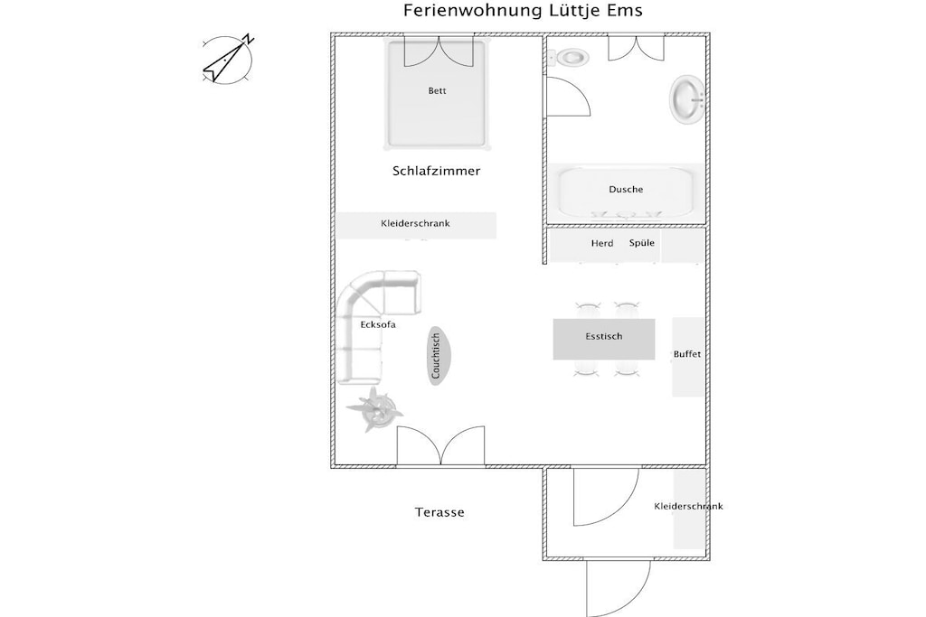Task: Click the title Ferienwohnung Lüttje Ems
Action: [523, 11]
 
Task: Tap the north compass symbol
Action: [228, 59]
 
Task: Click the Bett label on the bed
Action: [437, 91]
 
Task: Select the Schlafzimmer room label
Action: [437, 171]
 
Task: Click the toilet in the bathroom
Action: [569, 58]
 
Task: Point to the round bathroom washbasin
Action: [688, 99]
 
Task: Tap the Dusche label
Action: [626, 190]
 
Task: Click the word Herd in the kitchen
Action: [602, 243]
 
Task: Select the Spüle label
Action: [642, 242]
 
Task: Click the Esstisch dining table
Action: [603, 339]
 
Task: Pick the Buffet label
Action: [687, 354]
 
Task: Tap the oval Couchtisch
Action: [438, 356]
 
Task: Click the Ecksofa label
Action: [378, 325]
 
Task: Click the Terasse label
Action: [439, 512]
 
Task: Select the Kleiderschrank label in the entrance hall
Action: [688, 507]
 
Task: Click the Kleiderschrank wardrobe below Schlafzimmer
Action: [416, 225]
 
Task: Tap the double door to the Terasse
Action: [440, 446]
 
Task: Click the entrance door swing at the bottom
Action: [619, 589]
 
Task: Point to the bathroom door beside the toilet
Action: [568, 96]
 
